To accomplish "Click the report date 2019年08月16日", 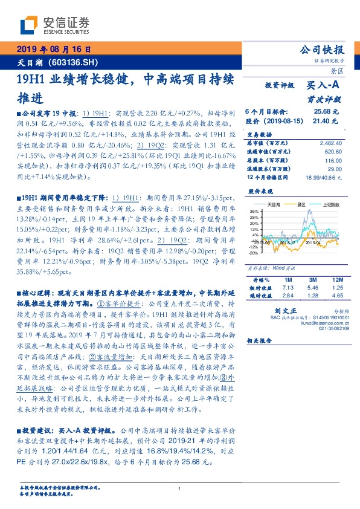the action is (x=54, y=50).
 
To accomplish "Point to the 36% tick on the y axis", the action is (x=254, y=211).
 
